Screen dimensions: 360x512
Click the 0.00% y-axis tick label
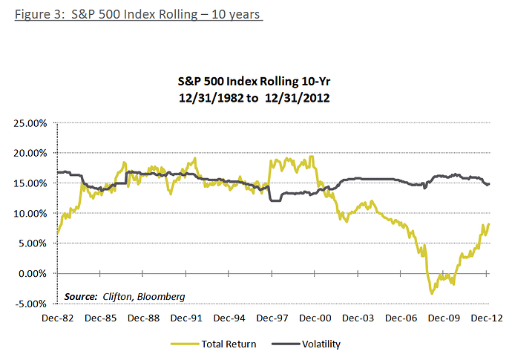[31, 273]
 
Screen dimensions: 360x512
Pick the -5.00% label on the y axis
[30, 303]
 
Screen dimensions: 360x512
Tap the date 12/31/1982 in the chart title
[220, 97]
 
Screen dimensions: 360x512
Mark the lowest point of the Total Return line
[432, 294]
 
